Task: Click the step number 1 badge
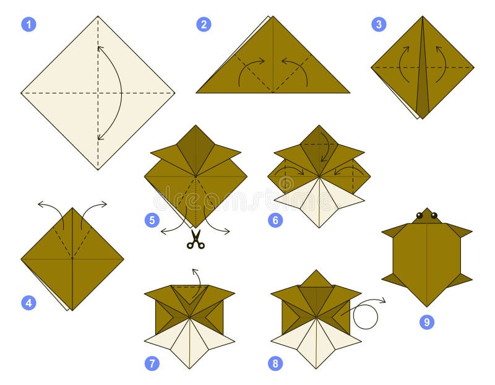[x=28, y=24]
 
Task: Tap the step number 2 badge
[x=204, y=24]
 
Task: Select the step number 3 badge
[x=379, y=24]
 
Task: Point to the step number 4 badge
[x=28, y=303]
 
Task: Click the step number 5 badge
[x=152, y=220]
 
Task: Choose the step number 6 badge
[x=275, y=220]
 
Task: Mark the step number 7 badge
[x=152, y=363]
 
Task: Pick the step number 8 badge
[x=275, y=363]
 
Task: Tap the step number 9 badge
[x=426, y=322]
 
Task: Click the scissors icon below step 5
[x=196, y=240]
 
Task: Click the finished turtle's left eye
[x=420, y=215]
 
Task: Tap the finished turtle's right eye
[x=434, y=215]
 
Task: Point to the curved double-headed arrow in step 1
[x=111, y=93]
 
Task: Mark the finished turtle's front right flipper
[x=459, y=231]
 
